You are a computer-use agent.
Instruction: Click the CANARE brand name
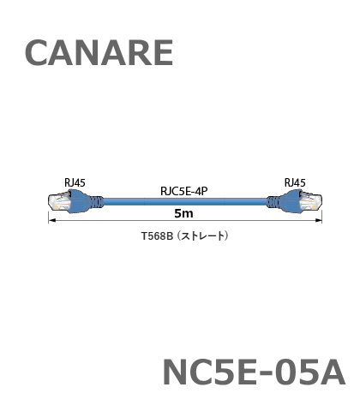[99, 53]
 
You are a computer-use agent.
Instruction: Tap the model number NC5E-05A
[254, 372]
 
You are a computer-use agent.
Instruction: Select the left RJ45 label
[75, 182]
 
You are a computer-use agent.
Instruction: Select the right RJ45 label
[295, 182]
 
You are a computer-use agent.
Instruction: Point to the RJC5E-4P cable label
[184, 191]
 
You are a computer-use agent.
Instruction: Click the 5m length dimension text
[183, 213]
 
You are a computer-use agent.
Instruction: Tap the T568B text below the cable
[158, 236]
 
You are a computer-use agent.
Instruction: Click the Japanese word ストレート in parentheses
[203, 236]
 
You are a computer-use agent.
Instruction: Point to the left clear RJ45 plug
[59, 202]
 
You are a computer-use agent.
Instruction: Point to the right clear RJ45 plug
[310, 202]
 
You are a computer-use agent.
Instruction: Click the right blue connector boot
[291, 201]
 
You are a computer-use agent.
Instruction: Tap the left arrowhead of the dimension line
[51, 220]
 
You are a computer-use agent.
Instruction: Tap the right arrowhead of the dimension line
[319, 220]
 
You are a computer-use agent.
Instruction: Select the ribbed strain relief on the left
[97, 202]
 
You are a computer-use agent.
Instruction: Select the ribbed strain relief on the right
[273, 202]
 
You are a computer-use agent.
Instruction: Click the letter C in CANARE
[36, 53]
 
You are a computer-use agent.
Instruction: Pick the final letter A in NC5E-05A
[332, 372]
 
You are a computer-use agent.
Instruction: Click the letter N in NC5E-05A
[174, 372]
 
